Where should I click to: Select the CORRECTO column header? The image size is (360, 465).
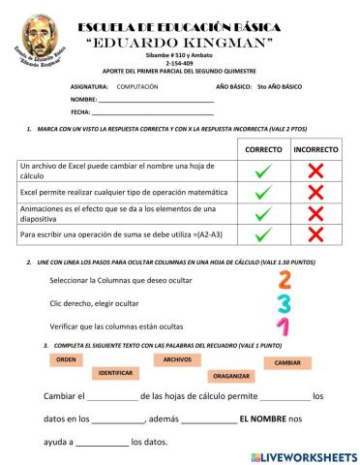coord(263,150)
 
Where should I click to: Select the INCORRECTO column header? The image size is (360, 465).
coord(315,150)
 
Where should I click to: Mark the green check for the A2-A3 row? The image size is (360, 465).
coord(263,234)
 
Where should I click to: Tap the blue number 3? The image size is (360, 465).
coord(284,303)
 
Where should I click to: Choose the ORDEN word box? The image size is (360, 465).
coord(65,358)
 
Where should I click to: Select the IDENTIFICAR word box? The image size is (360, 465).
coord(115,372)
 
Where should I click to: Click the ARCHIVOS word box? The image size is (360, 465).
coord(176,358)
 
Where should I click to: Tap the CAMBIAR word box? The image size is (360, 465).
coord(287,362)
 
